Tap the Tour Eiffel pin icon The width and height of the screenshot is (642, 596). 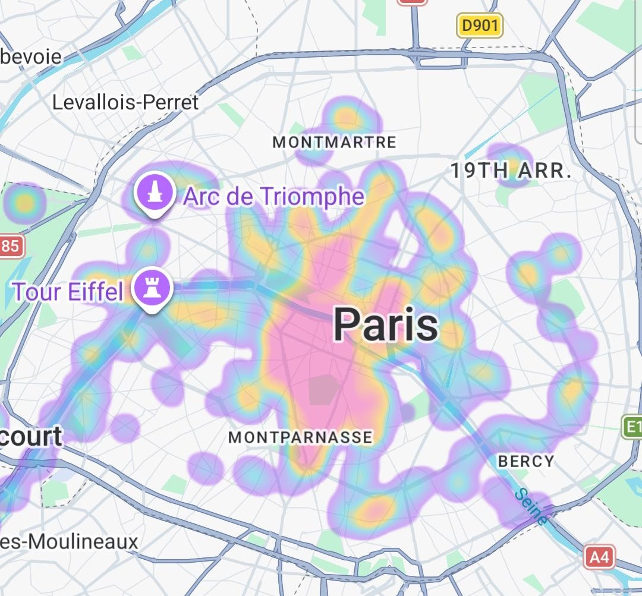coord(153,289)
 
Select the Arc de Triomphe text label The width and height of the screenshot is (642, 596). coord(274,196)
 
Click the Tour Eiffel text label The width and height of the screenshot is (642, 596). coord(68,292)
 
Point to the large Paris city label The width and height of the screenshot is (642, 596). coord(386,325)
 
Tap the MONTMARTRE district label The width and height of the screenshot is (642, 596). coord(334,143)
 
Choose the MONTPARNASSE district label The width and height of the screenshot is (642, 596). coord(300,437)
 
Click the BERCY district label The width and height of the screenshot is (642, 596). coord(526,461)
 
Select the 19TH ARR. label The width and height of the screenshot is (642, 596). coord(511,171)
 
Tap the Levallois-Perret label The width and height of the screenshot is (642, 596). coord(125,102)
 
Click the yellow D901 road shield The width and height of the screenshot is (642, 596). coord(479,25)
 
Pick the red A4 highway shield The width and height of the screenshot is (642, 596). coord(599,557)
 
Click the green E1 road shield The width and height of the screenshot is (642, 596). coord(632,427)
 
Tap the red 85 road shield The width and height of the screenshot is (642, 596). coord(11,246)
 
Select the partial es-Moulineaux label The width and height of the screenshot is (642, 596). coord(69,542)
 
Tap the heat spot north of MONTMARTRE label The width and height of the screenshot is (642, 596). coord(345,117)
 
